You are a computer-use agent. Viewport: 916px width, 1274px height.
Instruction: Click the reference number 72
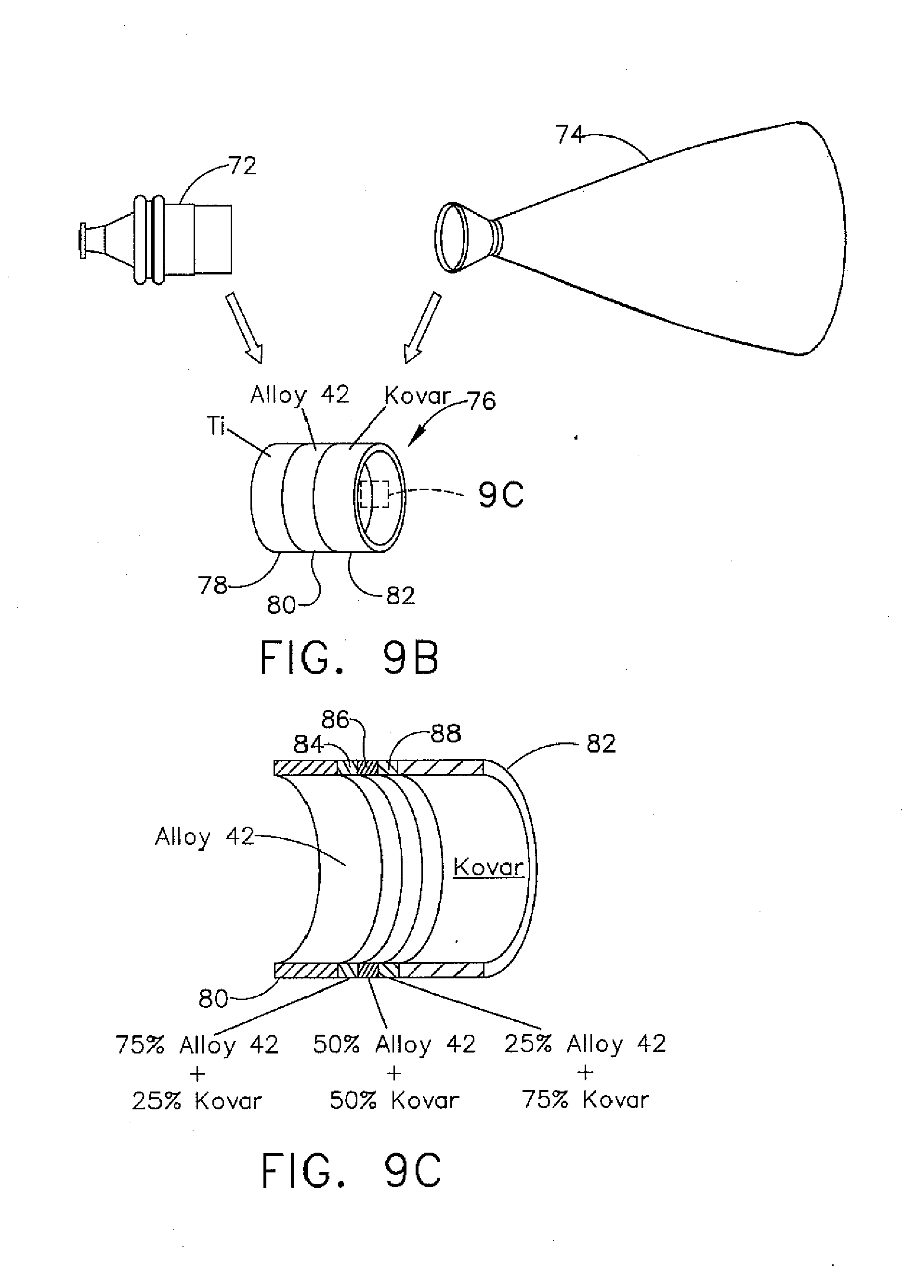pos(243,166)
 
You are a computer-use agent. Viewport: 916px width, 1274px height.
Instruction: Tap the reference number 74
pos(569,135)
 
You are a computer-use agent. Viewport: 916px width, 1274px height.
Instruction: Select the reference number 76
pos(481,401)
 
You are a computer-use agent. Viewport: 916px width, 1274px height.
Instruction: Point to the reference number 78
pos(212,585)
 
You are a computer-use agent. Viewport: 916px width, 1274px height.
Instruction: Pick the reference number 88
pos(445,734)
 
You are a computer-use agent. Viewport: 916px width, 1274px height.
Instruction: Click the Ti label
pos(216,427)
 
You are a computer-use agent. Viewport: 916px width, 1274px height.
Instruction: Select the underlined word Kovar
pos(488,867)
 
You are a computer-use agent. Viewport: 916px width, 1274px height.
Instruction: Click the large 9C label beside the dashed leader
pos(501,495)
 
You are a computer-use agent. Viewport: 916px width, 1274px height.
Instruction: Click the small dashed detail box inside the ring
pos(374,494)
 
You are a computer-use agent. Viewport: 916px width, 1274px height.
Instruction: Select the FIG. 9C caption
pos(351,1170)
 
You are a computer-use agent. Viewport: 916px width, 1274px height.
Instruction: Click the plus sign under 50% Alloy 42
pos(394,1074)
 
